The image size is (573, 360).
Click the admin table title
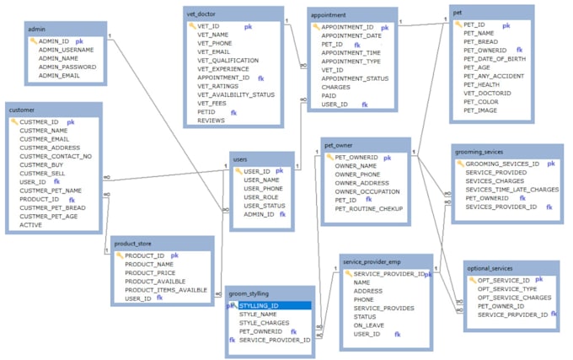36,29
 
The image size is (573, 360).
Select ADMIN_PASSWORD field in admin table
67,67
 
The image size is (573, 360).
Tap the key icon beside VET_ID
191,26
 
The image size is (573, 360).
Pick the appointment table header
329,14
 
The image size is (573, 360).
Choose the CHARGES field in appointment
335,86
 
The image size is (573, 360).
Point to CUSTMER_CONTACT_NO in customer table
56,157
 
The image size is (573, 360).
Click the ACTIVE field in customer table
31,225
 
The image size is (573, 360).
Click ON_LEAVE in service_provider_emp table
369,325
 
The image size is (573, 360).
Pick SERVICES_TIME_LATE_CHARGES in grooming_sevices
511,190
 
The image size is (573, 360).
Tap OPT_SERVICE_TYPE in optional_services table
508,288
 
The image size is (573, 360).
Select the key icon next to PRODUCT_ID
120,255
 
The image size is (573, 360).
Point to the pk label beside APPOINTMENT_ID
390,27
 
